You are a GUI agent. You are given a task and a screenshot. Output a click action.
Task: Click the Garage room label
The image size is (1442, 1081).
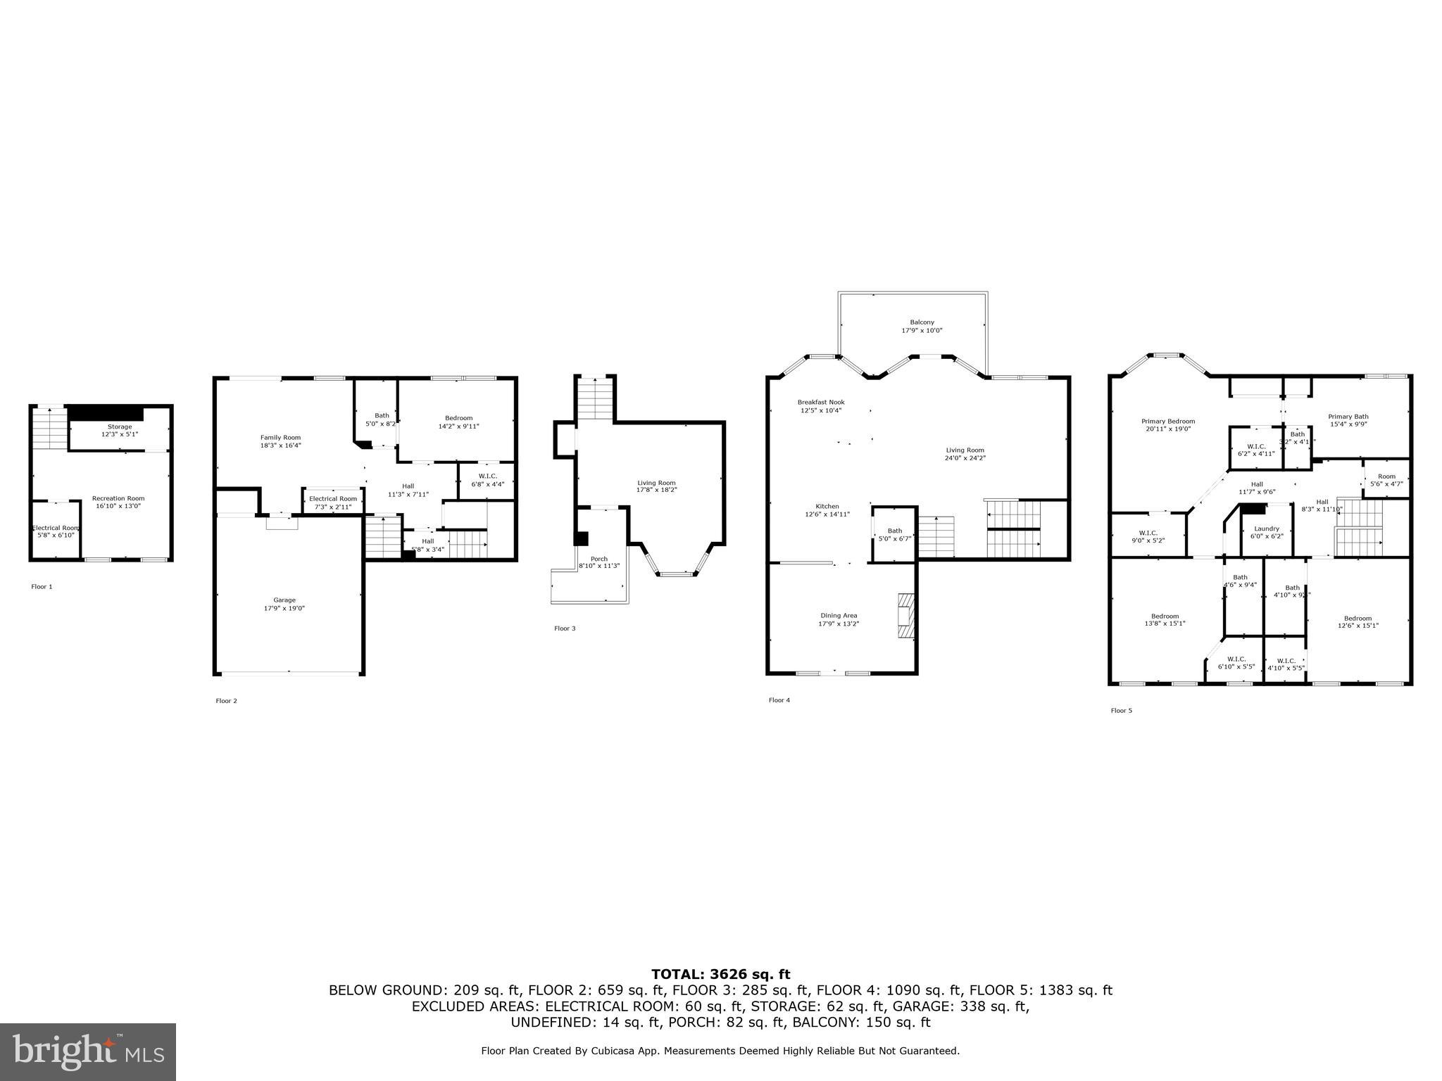pyautogui.click(x=284, y=600)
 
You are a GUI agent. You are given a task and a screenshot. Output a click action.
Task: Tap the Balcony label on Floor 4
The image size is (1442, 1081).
pyautogui.click(x=922, y=322)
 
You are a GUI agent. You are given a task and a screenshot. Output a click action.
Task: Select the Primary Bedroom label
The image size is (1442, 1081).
pyautogui.click(x=1168, y=422)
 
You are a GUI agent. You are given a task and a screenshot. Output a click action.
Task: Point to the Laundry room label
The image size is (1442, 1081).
pyautogui.click(x=1267, y=529)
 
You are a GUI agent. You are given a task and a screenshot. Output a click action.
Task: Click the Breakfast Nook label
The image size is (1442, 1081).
pyautogui.click(x=820, y=403)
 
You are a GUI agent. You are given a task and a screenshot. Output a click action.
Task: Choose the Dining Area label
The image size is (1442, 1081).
pyautogui.click(x=838, y=616)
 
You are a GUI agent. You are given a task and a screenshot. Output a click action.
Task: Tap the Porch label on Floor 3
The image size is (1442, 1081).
pyautogui.click(x=598, y=559)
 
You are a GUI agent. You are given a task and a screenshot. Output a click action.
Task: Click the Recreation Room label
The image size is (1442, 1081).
pyautogui.click(x=118, y=498)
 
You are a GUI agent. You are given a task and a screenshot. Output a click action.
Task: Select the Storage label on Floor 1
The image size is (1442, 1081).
pyautogui.click(x=119, y=426)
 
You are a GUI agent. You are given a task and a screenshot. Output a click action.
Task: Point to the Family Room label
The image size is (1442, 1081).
pyautogui.click(x=280, y=438)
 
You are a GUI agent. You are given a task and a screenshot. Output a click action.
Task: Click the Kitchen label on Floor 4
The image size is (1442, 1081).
pyautogui.click(x=827, y=507)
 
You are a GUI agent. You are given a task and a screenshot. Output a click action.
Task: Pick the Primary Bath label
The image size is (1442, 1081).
pyautogui.click(x=1348, y=417)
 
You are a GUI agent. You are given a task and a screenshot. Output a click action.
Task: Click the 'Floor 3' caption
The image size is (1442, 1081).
pyautogui.click(x=565, y=628)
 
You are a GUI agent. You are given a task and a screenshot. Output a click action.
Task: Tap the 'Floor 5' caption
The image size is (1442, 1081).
pyautogui.click(x=1122, y=711)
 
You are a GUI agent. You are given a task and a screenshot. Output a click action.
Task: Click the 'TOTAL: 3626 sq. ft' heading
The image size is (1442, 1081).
pyautogui.click(x=720, y=975)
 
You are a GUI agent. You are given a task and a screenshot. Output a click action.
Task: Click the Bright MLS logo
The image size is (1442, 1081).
pyautogui.click(x=88, y=1052)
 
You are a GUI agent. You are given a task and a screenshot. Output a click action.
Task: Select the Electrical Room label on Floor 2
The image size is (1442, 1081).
pyautogui.click(x=333, y=499)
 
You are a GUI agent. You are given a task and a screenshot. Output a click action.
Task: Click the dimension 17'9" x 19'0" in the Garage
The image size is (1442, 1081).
pyautogui.click(x=284, y=609)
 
